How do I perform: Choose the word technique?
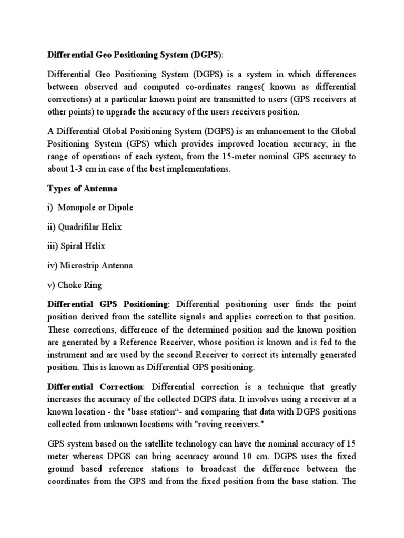pyautogui.click(x=282, y=387)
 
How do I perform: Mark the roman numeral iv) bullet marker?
pyautogui.click(x=53, y=265)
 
